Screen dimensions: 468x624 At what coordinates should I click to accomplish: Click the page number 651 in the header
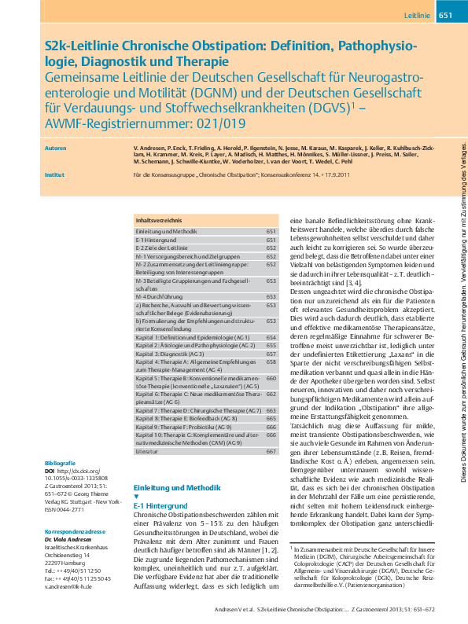click(x=444, y=16)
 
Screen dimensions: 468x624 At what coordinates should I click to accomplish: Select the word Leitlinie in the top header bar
click(x=417, y=16)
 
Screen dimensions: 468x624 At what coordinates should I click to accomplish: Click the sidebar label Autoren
click(x=56, y=147)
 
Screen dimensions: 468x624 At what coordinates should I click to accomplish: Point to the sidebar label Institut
click(x=54, y=186)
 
